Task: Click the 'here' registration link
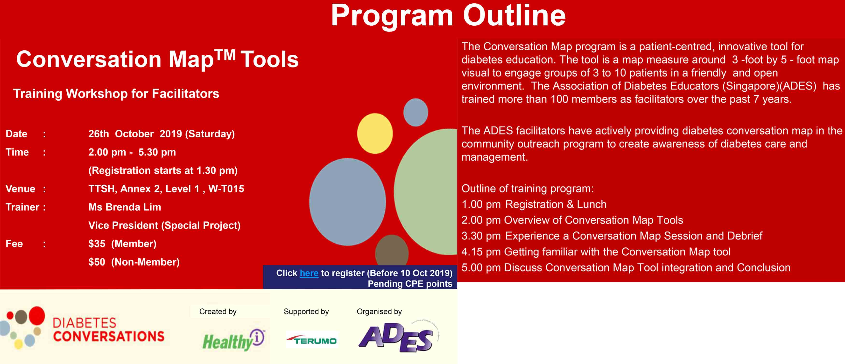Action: [x=309, y=273]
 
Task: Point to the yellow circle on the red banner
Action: [x=375, y=133]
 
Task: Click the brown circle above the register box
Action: [x=392, y=250]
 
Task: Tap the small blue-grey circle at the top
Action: [x=415, y=112]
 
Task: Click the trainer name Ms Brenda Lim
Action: [x=125, y=207]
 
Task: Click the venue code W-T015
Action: [x=226, y=189]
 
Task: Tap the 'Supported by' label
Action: [x=306, y=312]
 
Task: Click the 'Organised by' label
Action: [x=379, y=312]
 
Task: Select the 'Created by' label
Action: [x=218, y=312]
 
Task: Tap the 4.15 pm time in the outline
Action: [x=481, y=252]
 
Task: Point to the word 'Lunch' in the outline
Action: [x=592, y=204]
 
